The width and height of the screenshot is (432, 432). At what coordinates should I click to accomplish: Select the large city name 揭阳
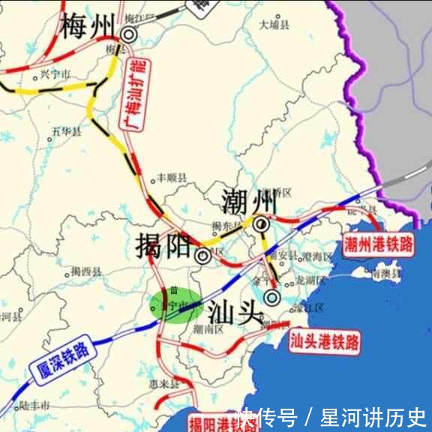[162, 245]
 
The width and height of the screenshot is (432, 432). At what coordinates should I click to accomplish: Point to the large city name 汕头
[233, 309]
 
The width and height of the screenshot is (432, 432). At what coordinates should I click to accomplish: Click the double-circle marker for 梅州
[129, 34]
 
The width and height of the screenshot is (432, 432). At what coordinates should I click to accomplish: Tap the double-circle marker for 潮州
[261, 223]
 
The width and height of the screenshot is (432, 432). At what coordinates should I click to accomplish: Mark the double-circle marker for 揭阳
[202, 256]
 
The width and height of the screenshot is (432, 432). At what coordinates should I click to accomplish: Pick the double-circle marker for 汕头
[272, 298]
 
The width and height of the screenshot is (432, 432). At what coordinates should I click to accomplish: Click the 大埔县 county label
[274, 25]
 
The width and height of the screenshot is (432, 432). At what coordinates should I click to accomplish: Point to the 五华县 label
[67, 132]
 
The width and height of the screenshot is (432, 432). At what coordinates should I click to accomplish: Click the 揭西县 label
[85, 271]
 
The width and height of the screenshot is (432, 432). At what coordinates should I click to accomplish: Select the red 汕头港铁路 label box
[324, 343]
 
